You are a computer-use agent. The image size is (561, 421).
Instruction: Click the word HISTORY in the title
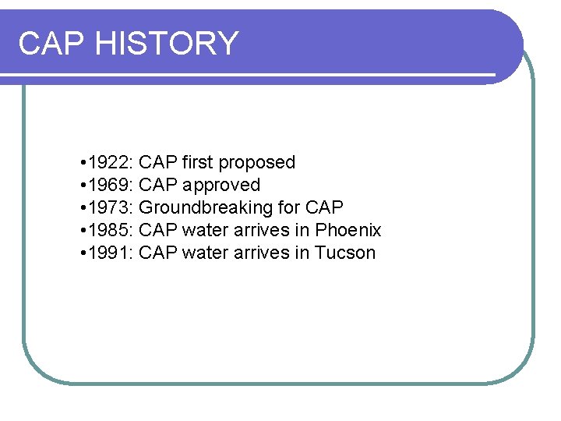(168, 43)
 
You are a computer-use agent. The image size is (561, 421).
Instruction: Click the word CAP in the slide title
(51, 43)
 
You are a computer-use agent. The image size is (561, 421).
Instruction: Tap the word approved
(221, 186)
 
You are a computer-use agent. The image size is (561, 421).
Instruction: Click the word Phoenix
(348, 230)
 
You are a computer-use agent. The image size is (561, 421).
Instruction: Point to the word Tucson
(344, 253)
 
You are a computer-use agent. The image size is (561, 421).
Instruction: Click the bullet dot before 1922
(83, 163)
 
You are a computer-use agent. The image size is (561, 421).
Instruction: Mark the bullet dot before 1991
(83, 253)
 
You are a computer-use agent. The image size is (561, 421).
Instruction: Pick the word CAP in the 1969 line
(158, 185)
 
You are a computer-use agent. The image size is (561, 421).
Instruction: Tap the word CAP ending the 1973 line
(324, 207)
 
